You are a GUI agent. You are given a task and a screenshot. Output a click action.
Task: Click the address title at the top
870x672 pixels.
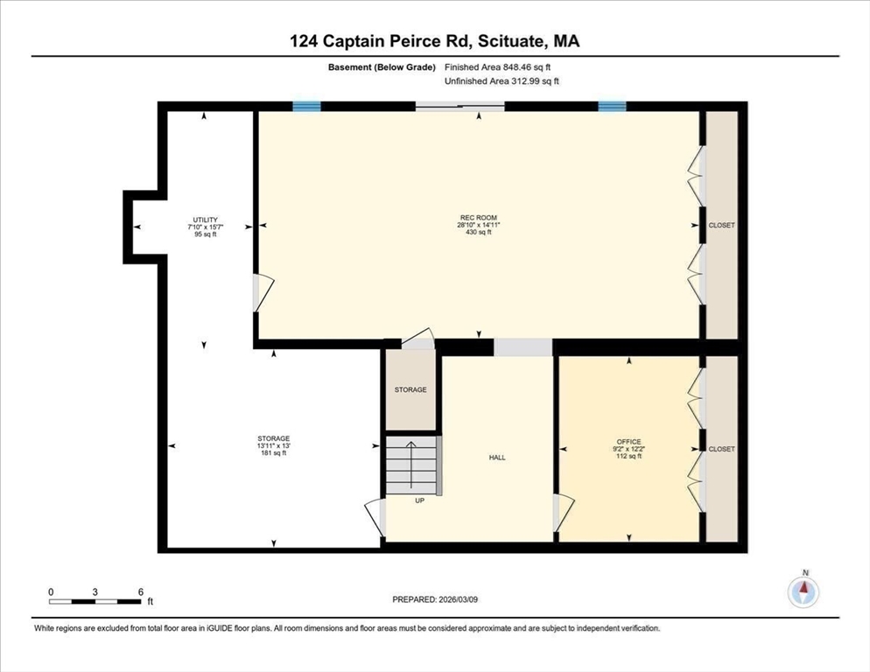click(x=435, y=41)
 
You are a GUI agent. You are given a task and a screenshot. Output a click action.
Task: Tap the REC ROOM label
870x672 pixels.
click(x=478, y=219)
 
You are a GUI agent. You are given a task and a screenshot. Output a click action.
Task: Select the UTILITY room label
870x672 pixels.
click(x=206, y=220)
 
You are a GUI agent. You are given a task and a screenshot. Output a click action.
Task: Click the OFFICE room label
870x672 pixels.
click(x=628, y=442)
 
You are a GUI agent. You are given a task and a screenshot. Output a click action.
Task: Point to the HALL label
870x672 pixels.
click(x=496, y=458)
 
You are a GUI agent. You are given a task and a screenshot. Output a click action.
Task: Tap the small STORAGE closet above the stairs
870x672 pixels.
click(x=410, y=389)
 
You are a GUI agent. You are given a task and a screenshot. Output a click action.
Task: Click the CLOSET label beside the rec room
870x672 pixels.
click(x=721, y=226)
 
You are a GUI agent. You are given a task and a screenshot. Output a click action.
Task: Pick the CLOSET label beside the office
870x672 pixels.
click(x=721, y=449)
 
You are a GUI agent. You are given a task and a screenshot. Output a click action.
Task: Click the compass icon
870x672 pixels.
click(x=803, y=591)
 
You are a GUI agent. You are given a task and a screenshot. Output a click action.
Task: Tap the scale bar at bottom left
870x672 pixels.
click(x=95, y=601)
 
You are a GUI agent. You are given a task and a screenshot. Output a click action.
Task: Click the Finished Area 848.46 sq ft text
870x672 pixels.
click(x=498, y=66)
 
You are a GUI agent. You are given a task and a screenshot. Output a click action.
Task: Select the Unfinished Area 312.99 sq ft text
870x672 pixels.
click(x=502, y=81)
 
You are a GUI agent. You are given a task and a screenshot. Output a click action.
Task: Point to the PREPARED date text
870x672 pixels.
click(x=435, y=599)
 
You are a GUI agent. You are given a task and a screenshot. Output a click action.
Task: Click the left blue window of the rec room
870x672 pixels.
click(x=306, y=107)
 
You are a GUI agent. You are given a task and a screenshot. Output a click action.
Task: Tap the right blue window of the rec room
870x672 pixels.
click(x=612, y=107)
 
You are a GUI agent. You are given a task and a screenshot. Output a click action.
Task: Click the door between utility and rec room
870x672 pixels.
click(x=262, y=292)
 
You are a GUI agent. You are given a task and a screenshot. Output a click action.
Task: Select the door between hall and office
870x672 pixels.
click(x=563, y=512)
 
